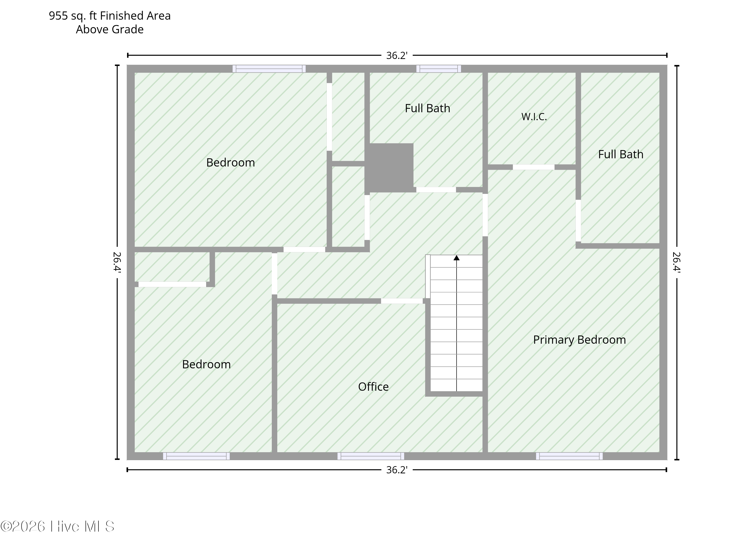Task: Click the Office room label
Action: tap(373, 386)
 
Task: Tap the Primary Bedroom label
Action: tap(579, 340)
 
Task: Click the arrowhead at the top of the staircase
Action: tap(457, 258)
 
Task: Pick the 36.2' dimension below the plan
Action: tap(397, 470)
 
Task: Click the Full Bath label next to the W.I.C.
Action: tap(620, 155)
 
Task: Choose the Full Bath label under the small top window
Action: tap(427, 109)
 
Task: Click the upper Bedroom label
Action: tap(231, 163)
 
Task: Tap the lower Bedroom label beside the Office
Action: tap(206, 364)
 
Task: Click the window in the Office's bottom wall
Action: tap(371, 456)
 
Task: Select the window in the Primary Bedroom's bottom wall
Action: tap(569, 456)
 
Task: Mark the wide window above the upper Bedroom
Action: tap(269, 69)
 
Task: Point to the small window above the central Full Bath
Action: tap(438, 69)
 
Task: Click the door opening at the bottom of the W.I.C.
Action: tap(533, 167)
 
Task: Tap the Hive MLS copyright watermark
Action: tap(57, 527)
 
